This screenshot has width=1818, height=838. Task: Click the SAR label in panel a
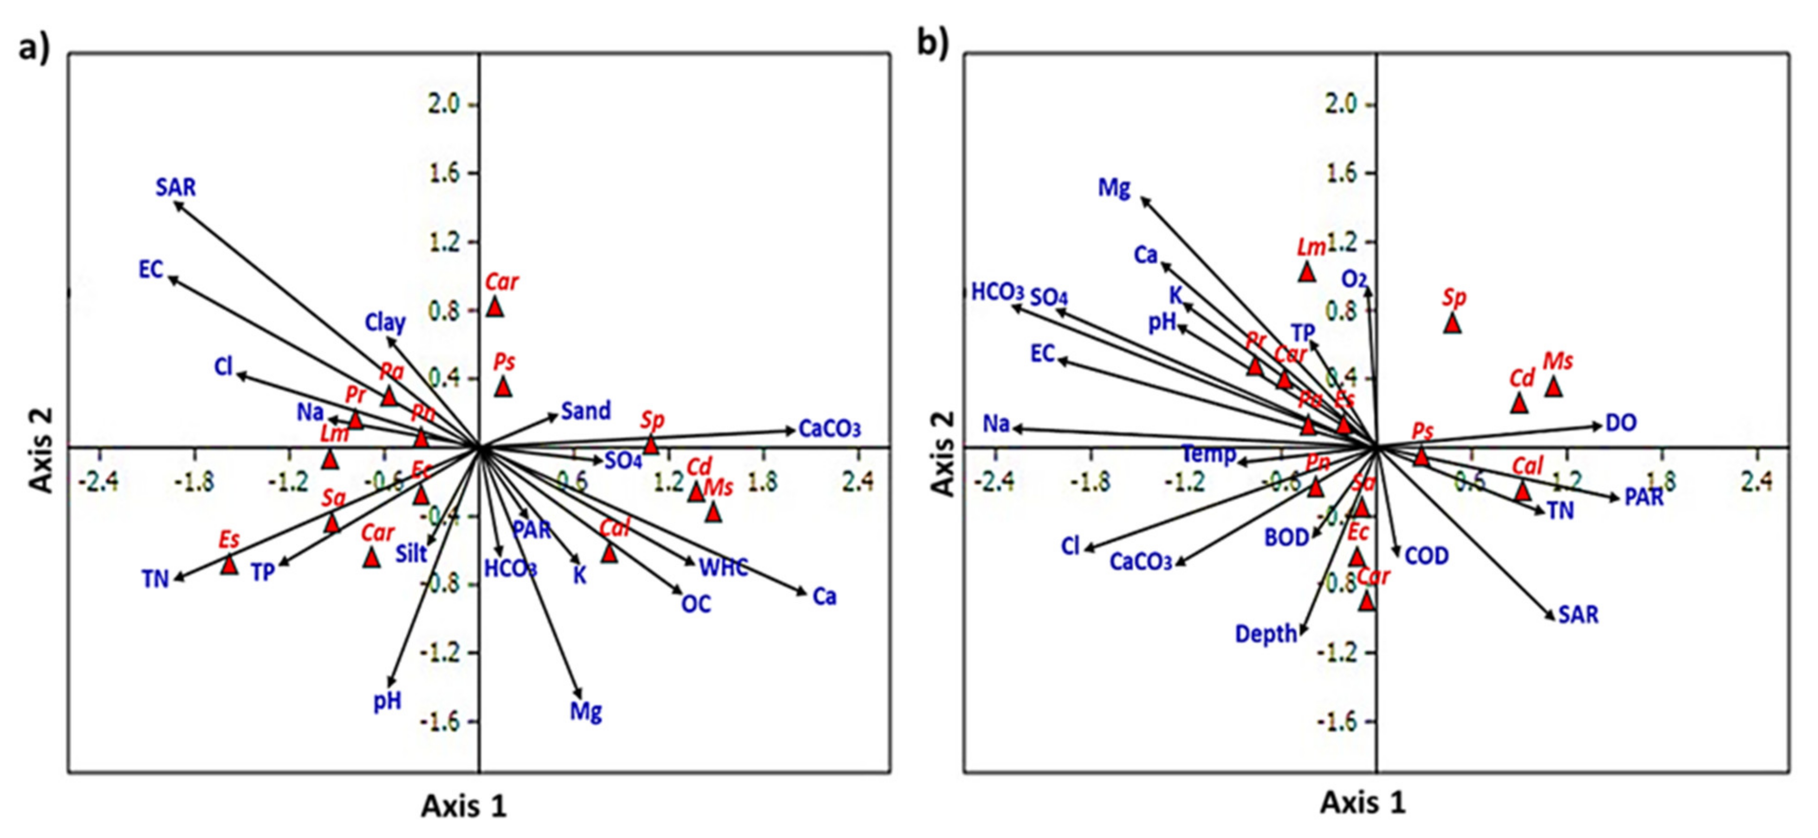176,188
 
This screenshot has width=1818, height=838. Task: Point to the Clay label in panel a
385,323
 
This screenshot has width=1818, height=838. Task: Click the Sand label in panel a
586,411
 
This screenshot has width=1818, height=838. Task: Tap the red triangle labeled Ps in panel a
502,387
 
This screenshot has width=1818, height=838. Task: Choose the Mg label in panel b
1114,189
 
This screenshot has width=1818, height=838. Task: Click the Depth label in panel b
1266,634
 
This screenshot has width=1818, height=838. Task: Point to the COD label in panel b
1426,556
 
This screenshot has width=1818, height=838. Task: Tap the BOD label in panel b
1286,538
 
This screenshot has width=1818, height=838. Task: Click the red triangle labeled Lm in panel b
1306,272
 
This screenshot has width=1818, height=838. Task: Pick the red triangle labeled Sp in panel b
1452,324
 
